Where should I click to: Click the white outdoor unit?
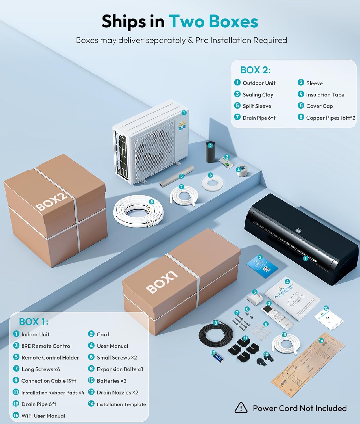point(150,144)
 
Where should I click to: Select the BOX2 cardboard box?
point(56,212)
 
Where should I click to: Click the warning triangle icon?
point(241,408)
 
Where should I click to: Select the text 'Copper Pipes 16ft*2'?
point(330,118)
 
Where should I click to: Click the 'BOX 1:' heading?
point(34,322)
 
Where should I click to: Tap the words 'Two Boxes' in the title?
point(213,21)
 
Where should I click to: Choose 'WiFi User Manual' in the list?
point(43,416)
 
